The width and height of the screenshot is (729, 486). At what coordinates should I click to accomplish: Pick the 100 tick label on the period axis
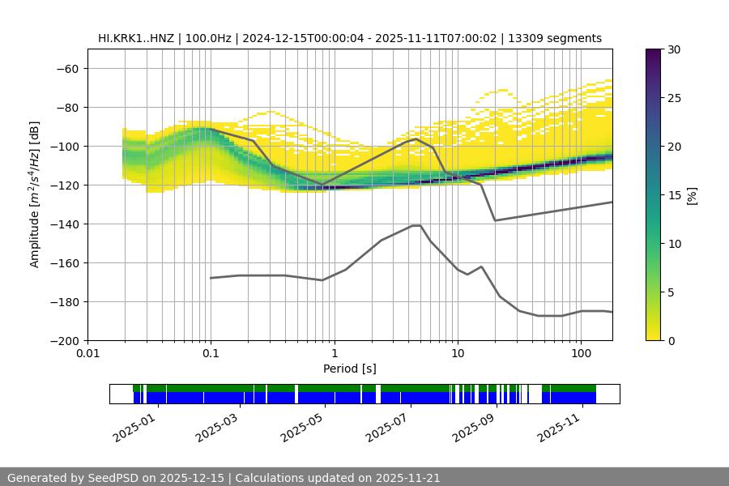[580, 354]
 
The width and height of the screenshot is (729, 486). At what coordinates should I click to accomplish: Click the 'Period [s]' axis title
[350, 369]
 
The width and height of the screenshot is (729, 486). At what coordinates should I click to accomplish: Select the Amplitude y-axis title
[35, 194]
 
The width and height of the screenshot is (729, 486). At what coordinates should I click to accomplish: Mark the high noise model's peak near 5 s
[416, 139]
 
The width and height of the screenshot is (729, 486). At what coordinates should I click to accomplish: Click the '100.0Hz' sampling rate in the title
[208, 38]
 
